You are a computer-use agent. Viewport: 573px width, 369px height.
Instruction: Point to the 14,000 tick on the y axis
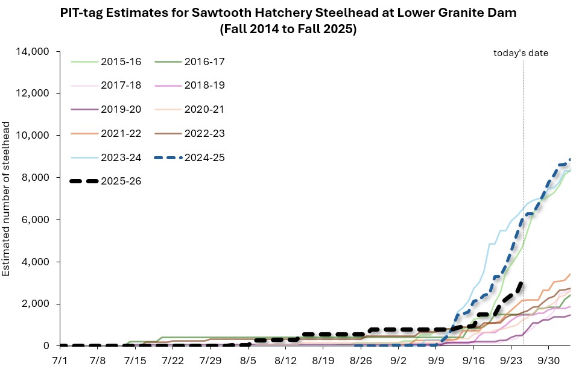[32, 52]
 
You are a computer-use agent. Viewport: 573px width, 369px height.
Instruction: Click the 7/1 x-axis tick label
[60, 360]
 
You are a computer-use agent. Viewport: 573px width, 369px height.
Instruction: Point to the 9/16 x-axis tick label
[473, 360]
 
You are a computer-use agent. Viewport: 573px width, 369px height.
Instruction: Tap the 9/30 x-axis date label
[548, 360]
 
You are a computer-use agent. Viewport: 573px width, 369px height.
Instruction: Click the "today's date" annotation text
[521, 53]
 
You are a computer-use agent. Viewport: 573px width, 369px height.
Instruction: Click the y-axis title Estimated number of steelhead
[7, 198]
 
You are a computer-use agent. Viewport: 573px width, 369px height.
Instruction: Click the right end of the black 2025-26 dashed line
[521, 283]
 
